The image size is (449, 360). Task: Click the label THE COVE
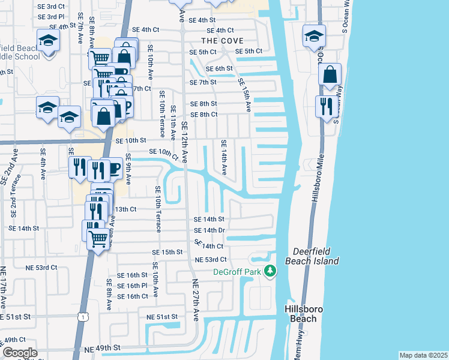222,41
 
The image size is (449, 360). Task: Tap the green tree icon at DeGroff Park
270,271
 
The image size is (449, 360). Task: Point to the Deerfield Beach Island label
316,256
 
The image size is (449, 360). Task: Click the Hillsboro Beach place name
304,314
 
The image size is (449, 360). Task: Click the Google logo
19,353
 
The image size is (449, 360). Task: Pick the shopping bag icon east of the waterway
330,75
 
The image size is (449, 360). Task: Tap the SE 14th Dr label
209,230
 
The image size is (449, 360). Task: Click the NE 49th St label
102,348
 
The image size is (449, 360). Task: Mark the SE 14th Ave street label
223,157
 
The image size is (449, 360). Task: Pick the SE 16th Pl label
133,286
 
